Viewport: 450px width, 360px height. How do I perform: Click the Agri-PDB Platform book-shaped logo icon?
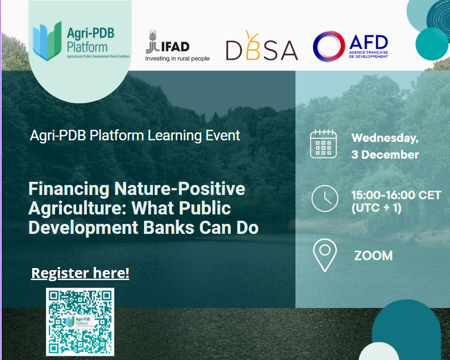tap(47, 41)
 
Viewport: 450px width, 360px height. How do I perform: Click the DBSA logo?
tap(262, 46)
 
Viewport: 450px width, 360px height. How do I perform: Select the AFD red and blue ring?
tap(329, 46)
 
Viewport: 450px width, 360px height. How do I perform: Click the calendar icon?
tap(323, 143)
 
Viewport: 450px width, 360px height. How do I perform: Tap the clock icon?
tap(325, 199)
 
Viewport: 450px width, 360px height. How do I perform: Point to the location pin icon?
tap(324, 255)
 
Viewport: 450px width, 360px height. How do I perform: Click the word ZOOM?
tap(373, 255)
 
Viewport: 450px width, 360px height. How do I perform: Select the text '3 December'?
tap(385, 155)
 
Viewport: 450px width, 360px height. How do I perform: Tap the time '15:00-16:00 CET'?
tap(396, 195)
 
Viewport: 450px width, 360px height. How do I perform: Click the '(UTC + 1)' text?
tap(376, 208)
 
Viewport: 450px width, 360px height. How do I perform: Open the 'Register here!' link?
tap(80, 273)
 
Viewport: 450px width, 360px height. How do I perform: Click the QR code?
tap(80, 322)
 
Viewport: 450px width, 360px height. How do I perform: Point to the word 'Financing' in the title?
tap(69, 189)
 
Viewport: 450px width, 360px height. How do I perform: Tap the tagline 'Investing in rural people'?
tap(177, 58)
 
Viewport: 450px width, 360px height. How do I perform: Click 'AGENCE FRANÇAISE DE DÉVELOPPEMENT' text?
tap(369, 55)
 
